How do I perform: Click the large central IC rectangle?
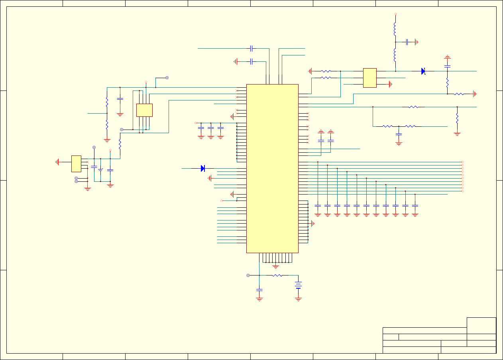point(272,168)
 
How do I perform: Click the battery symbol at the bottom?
point(298,285)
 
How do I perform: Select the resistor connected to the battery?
point(277,275)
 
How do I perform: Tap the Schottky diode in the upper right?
point(423,71)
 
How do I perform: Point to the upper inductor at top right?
point(395,29)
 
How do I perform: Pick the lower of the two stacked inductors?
point(395,55)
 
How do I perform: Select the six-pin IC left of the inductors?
point(370,78)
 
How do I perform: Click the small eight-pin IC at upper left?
point(144,110)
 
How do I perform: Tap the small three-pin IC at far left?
point(76,164)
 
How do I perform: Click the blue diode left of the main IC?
point(202,168)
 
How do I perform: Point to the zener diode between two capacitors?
point(100,170)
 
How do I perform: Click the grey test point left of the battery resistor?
point(248,275)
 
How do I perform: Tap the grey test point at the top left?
point(167,78)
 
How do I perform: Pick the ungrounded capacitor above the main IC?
point(251,49)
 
